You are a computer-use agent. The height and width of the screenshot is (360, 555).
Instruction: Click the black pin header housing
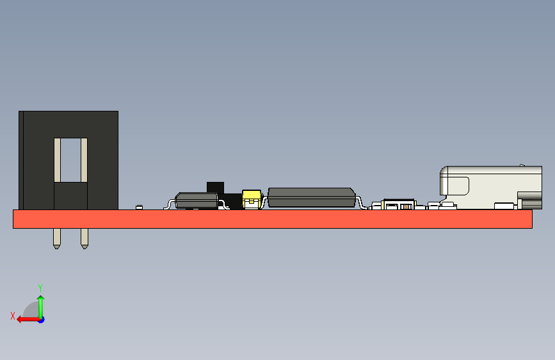tap(102, 160)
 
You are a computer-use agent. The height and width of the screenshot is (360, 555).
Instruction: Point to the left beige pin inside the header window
tap(57, 160)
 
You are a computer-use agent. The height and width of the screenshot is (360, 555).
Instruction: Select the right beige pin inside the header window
tap(84, 160)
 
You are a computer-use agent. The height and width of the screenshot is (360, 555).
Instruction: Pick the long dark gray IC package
tap(312, 197)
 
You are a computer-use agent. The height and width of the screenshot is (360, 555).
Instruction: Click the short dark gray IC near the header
tap(197, 200)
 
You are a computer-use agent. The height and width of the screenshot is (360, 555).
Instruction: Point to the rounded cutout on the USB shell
tap(456, 186)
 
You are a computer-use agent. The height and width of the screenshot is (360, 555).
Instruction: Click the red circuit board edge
tap(272, 219)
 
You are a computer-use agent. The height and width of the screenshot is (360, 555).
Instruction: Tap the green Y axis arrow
tap(40, 304)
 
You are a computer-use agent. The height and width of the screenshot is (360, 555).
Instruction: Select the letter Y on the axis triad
tap(40, 288)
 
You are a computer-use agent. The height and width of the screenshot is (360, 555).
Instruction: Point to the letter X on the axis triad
tap(12, 316)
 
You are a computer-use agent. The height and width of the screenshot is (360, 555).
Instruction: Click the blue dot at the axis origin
tap(41, 319)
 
